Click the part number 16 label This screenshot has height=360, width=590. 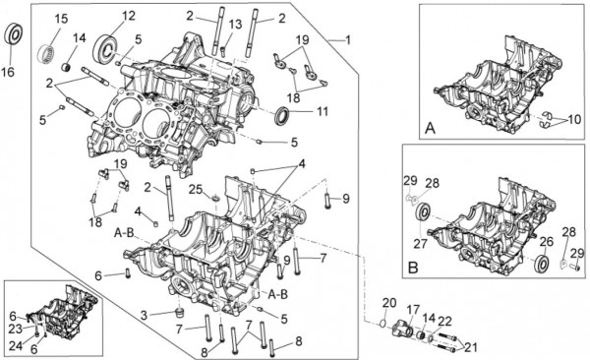coord(8,71)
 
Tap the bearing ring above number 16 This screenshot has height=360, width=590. coord(15,35)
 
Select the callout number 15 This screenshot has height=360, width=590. coord(62,18)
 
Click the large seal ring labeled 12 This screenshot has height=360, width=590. coord(106,47)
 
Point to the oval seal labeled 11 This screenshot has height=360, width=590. coord(282,116)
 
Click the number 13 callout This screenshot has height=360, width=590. coord(235,25)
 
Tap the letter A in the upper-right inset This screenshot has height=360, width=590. coord(430,129)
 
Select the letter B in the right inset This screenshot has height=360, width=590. coord(413,268)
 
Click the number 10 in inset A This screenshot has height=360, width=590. coord(574,120)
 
